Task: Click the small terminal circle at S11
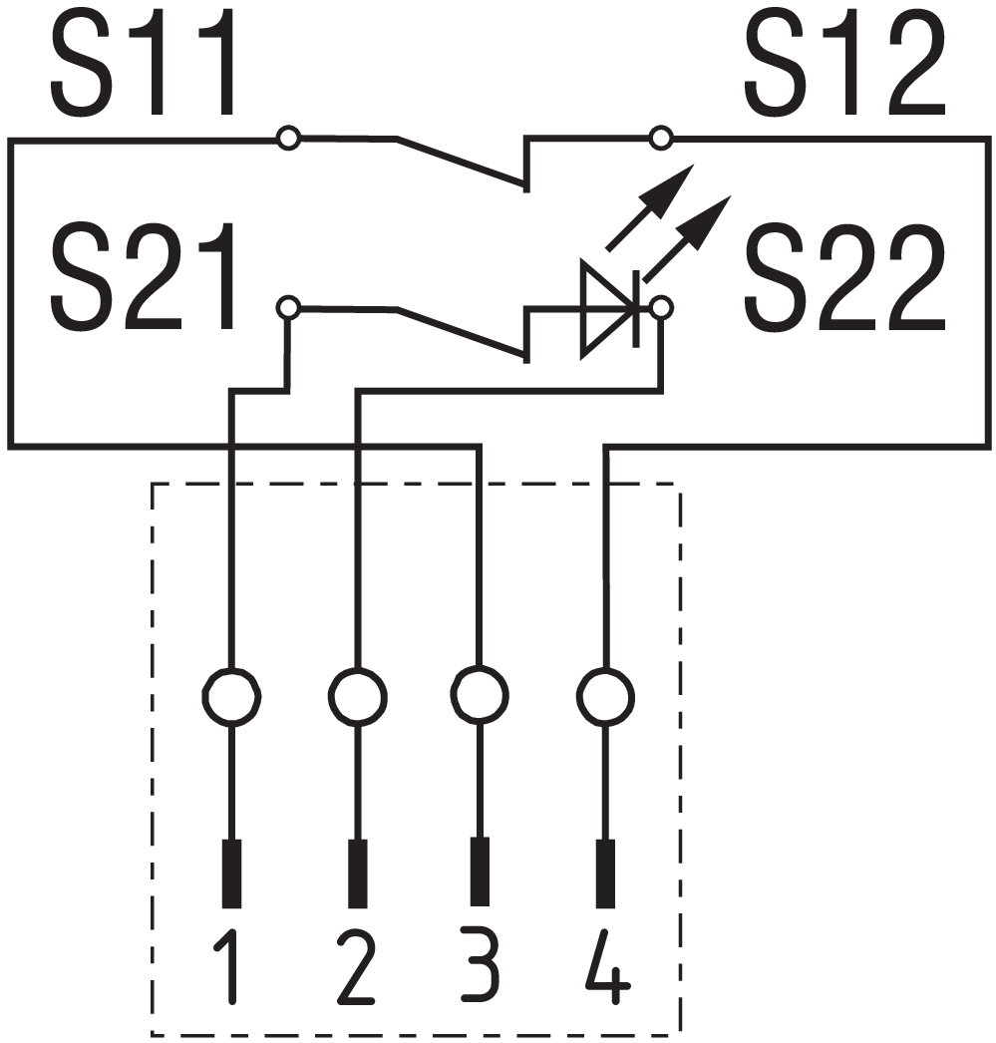(288, 139)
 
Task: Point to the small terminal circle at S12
(660, 138)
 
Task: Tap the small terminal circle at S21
(288, 307)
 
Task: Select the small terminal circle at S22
(660, 307)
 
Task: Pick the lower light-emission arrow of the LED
(688, 237)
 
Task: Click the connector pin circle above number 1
(231, 694)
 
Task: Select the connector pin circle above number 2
(356, 694)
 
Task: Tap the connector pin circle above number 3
(480, 694)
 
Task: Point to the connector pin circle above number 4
(605, 694)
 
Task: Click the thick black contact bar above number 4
(605, 873)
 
